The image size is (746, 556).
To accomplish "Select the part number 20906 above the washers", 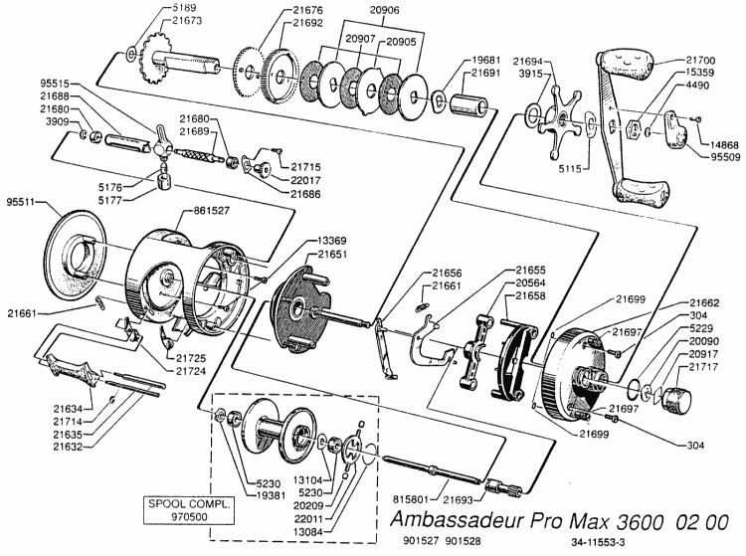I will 359,9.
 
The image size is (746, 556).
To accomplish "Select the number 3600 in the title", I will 626,521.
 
